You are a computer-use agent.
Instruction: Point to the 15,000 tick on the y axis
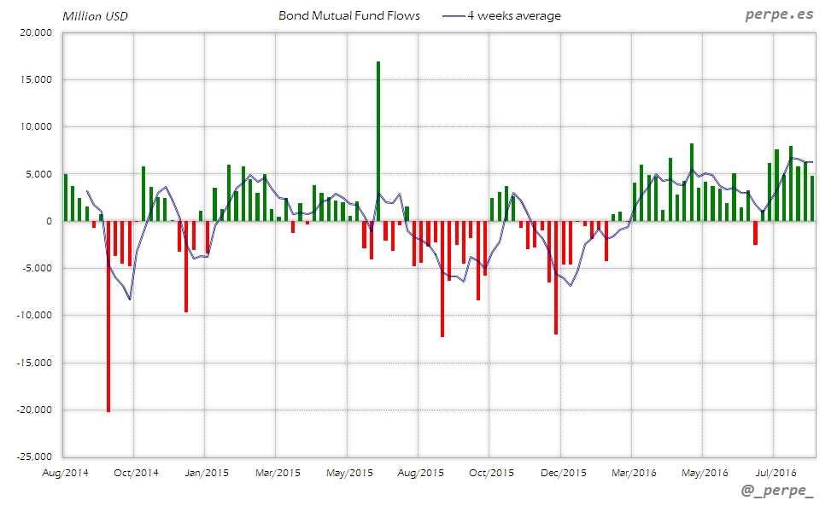click(35, 80)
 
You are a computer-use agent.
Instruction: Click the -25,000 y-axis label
click(33, 457)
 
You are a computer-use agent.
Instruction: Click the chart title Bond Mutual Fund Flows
click(349, 16)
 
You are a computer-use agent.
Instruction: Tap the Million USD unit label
click(95, 16)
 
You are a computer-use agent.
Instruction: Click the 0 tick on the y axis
click(49, 222)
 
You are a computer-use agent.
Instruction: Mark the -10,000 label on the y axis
click(33, 316)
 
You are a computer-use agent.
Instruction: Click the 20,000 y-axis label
click(35, 33)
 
